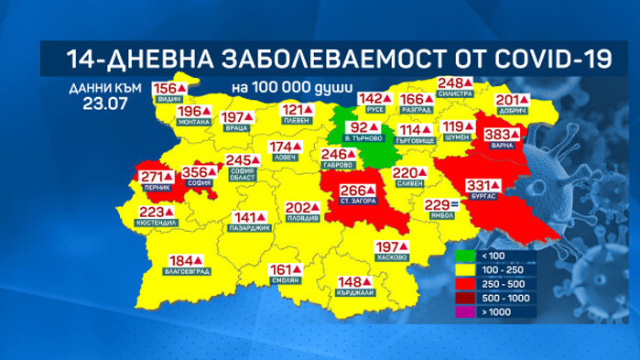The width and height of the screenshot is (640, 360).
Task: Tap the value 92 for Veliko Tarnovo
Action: [x=360, y=127]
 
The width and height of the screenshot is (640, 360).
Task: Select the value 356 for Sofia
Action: [x=194, y=170]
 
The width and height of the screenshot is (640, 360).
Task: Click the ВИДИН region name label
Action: [x=168, y=98]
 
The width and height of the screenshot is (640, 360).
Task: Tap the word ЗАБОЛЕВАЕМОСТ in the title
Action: [x=318, y=60]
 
